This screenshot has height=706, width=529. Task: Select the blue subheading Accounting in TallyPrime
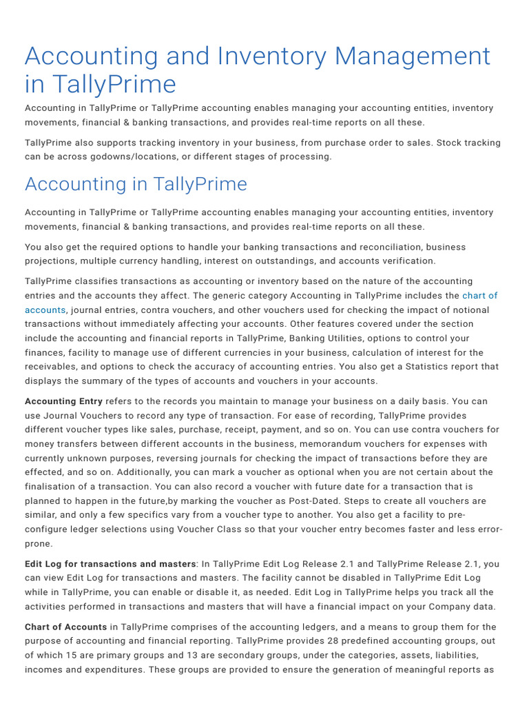(x=136, y=184)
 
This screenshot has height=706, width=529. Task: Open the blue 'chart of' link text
(x=479, y=295)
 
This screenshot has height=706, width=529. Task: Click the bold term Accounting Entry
(x=63, y=401)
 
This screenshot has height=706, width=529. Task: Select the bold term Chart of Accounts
(x=65, y=627)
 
